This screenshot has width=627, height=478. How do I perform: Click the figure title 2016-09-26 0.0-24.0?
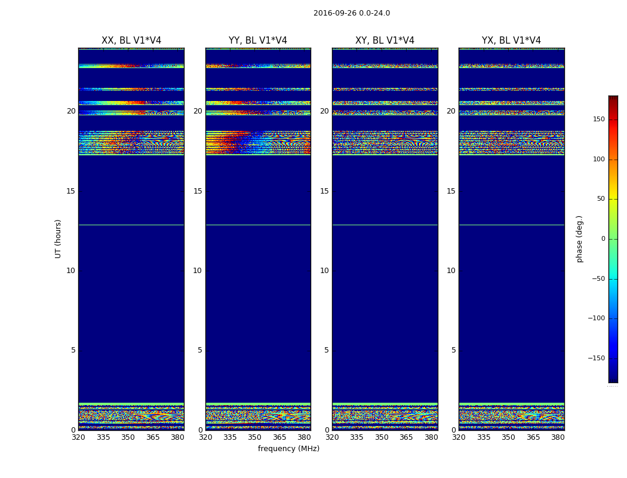351,13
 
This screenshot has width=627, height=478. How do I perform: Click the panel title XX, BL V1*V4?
131,41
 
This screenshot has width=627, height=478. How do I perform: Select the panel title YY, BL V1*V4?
258,41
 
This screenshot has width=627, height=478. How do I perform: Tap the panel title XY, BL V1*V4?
385,41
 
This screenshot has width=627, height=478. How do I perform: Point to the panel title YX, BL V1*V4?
511,41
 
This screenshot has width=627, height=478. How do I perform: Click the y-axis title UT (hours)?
58,238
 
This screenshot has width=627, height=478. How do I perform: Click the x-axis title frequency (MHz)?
288,449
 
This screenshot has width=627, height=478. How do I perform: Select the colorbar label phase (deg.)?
579,238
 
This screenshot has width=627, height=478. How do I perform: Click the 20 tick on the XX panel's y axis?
71,111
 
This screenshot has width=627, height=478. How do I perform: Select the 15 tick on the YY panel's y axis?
198,191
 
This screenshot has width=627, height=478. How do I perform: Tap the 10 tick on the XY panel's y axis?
324,271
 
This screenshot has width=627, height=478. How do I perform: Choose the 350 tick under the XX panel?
128,437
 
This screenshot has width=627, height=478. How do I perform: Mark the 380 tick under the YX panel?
558,437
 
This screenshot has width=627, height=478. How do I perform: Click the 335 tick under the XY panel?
356,437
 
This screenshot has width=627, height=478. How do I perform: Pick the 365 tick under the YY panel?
279,437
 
